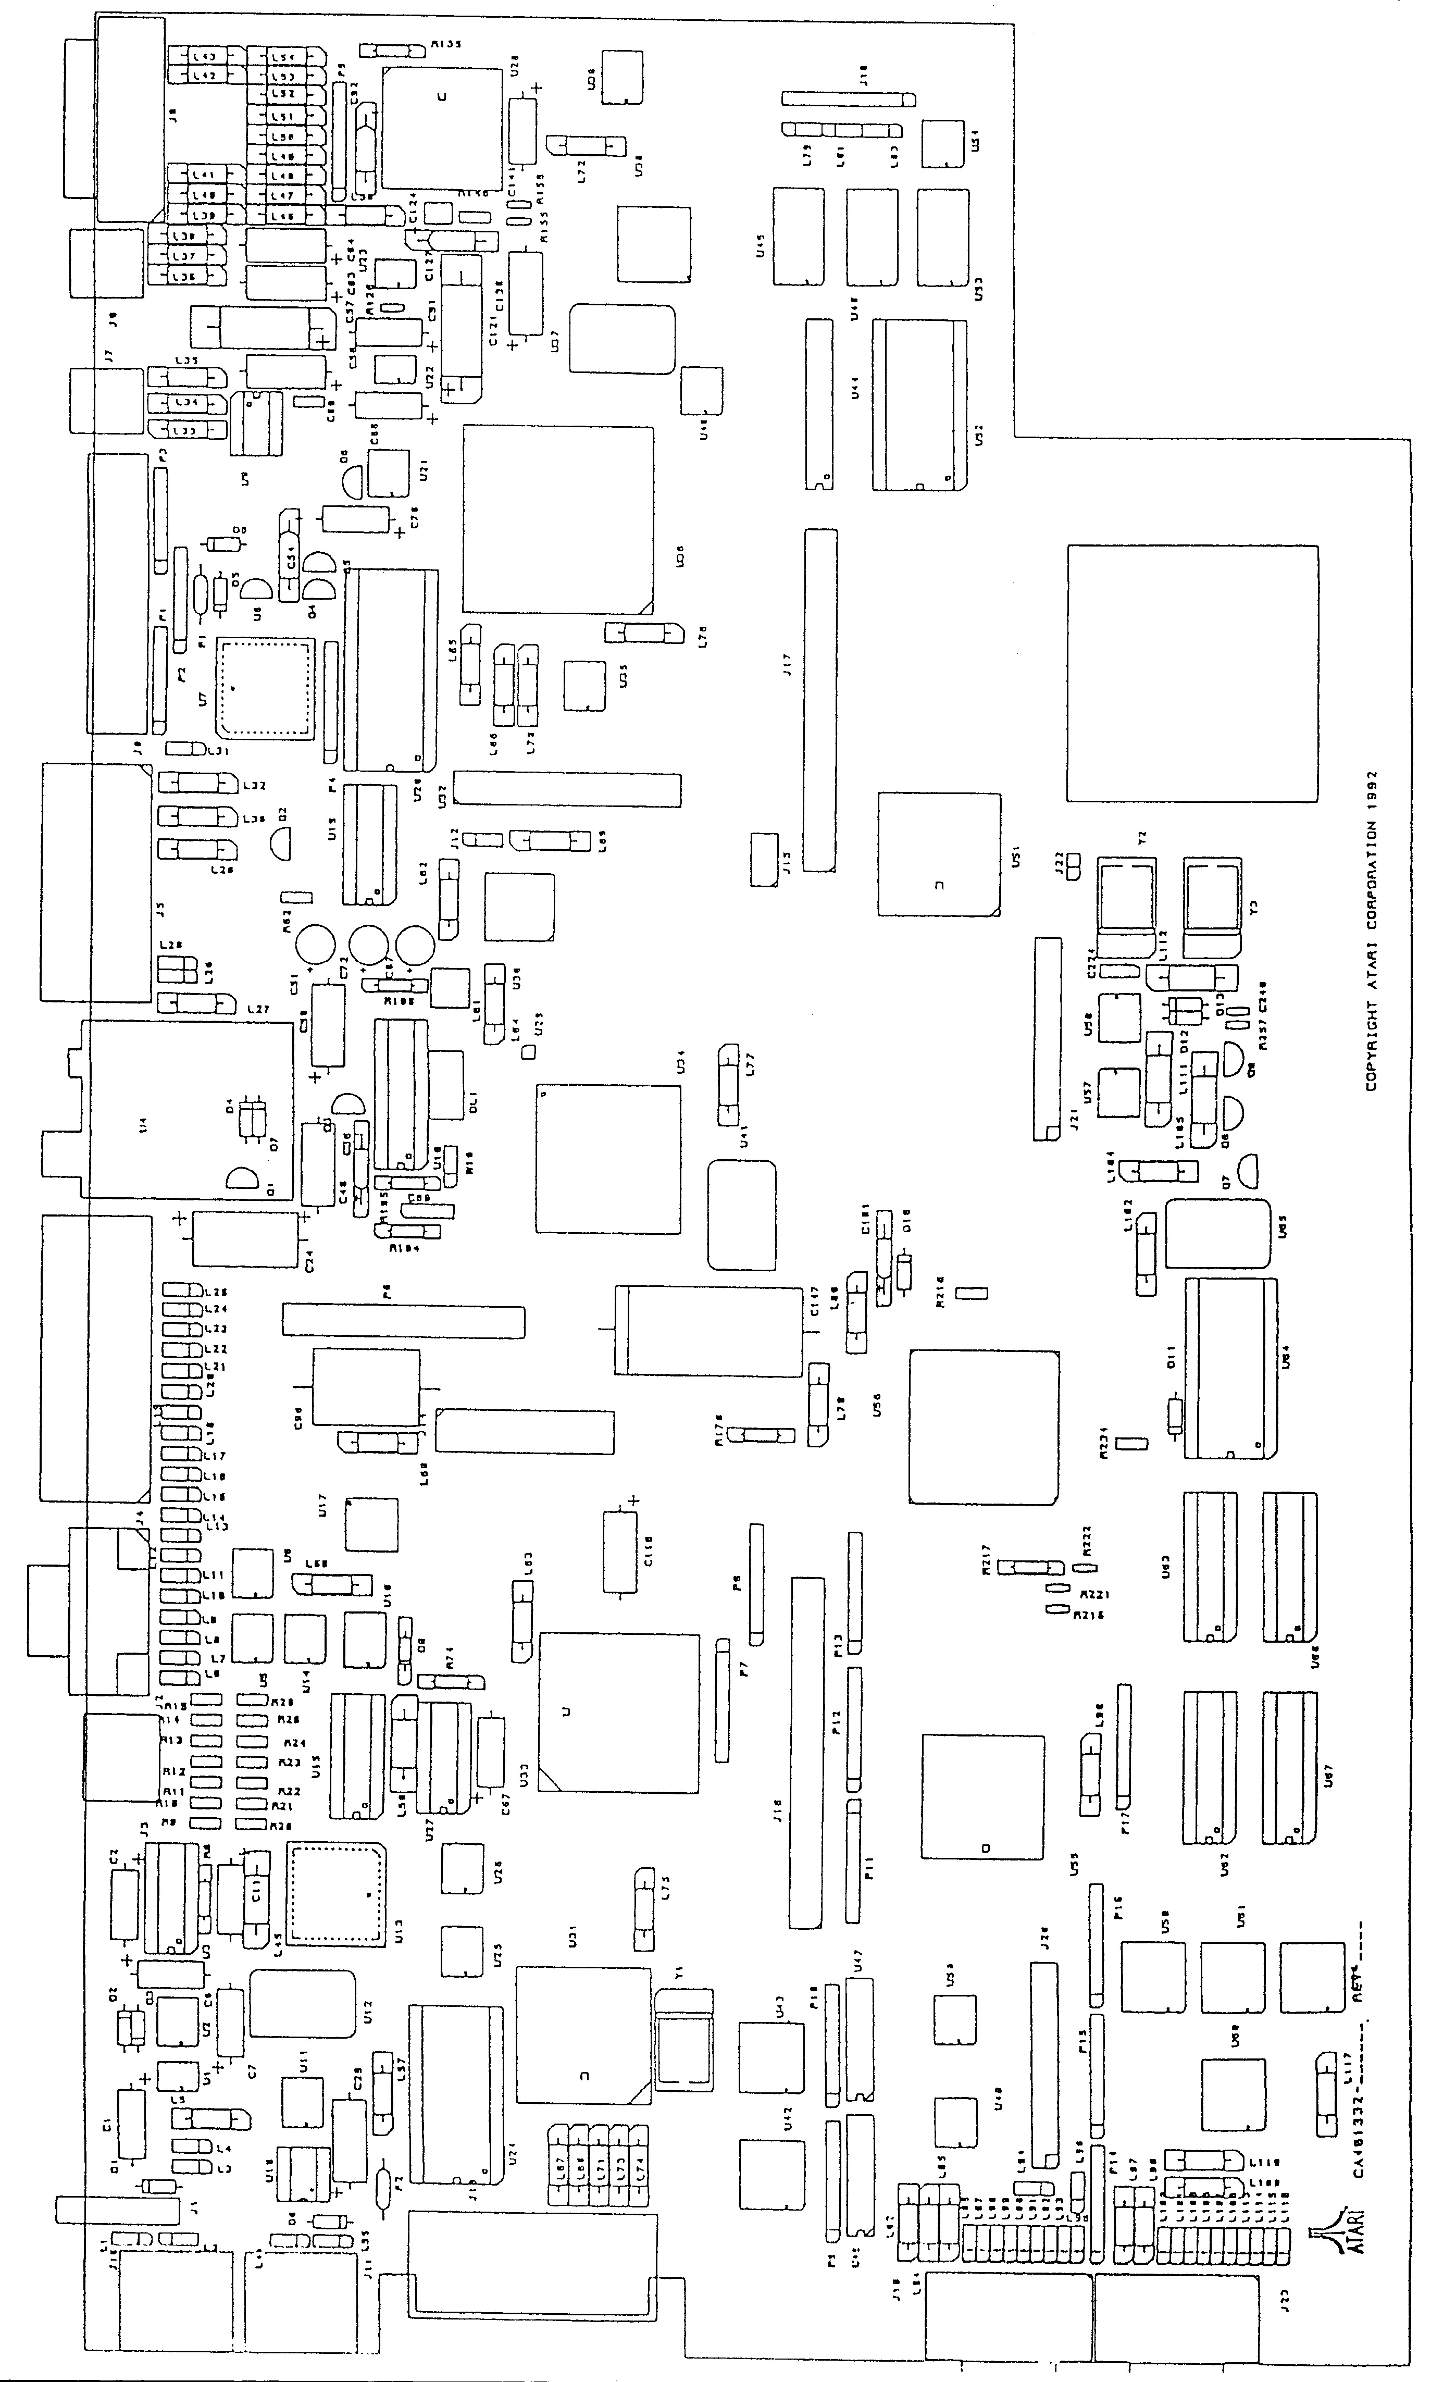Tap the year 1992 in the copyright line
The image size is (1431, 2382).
point(1370,787)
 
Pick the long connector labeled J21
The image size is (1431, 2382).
point(1046,1037)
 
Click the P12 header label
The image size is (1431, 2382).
point(837,1719)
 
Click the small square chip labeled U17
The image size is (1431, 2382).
point(371,1524)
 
